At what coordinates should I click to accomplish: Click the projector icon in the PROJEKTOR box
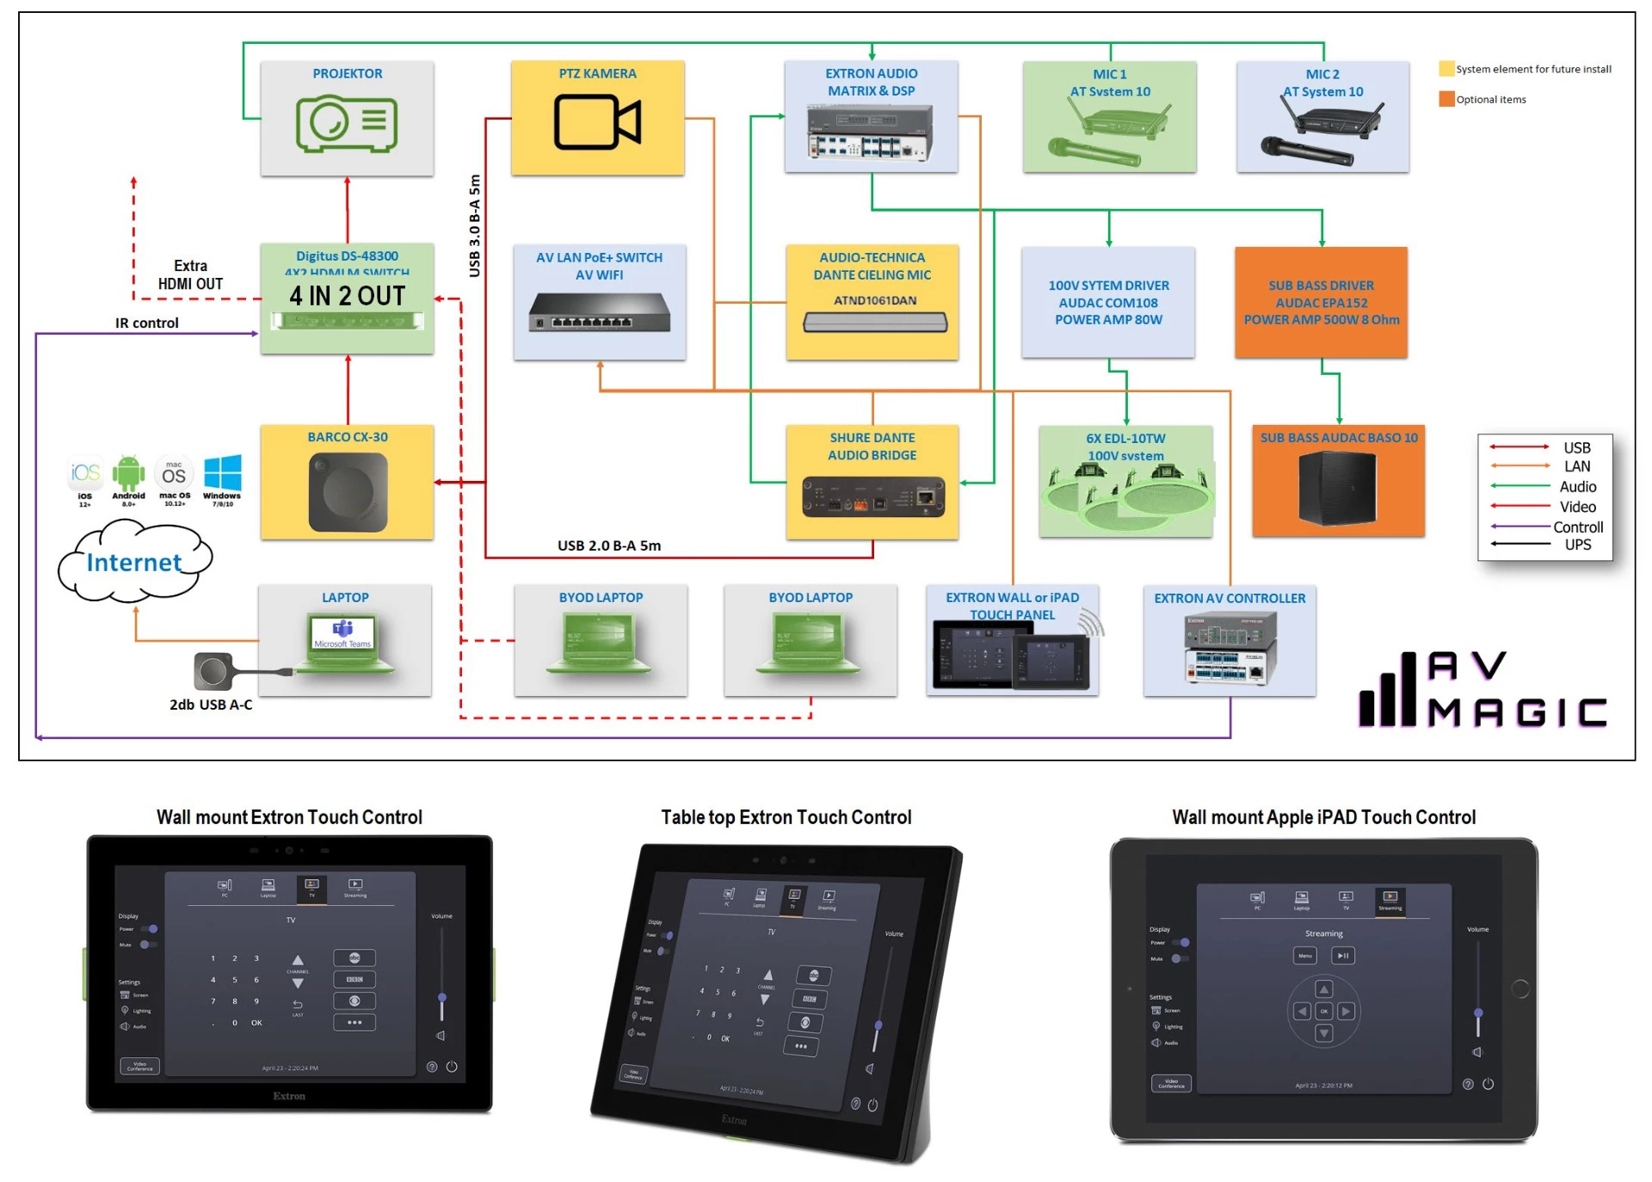[347, 124]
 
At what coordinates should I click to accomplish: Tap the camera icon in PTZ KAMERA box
[597, 122]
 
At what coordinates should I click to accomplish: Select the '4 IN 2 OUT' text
[347, 296]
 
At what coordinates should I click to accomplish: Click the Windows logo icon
[223, 472]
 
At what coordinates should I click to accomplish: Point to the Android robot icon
[128, 472]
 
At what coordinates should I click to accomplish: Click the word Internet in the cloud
[134, 563]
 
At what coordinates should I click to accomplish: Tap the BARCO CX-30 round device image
[348, 492]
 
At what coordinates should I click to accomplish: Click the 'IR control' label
[147, 323]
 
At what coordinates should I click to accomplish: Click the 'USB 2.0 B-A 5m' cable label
[609, 545]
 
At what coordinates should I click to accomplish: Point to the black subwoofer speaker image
[1337, 488]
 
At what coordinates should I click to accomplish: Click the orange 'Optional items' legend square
[1446, 99]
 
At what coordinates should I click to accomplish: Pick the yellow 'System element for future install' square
[1446, 69]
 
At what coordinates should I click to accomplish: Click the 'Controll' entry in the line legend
[1577, 526]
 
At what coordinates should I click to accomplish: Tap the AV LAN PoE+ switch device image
[599, 312]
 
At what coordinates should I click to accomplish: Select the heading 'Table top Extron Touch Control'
[786, 817]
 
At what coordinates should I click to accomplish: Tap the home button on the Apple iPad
[1520, 989]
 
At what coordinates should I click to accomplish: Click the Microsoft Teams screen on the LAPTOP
[342, 634]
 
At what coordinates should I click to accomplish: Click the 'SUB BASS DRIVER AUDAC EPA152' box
[1321, 302]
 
